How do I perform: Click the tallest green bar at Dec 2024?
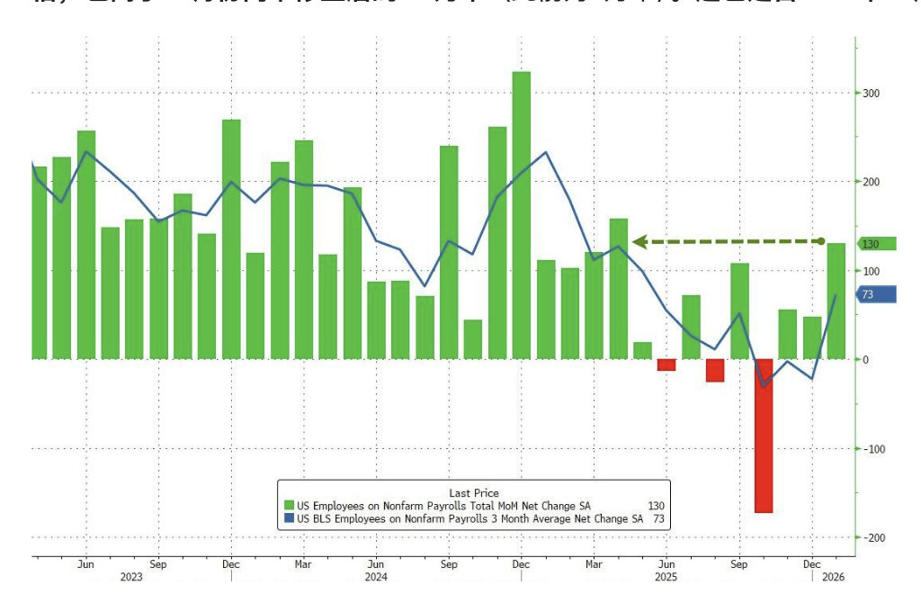pyautogui.click(x=522, y=216)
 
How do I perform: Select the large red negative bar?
pyautogui.click(x=764, y=436)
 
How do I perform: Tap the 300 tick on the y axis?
pyautogui.click(x=872, y=94)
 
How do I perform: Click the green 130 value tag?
pyautogui.click(x=873, y=244)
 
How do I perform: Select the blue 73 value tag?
pyautogui.click(x=873, y=294)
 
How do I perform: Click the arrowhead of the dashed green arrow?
pyautogui.click(x=639, y=241)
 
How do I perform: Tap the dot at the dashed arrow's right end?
pyautogui.click(x=820, y=241)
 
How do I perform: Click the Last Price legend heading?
pyautogui.click(x=474, y=493)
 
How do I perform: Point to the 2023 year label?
pyautogui.click(x=131, y=577)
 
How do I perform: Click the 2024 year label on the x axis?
pyautogui.click(x=376, y=577)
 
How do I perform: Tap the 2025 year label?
pyautogui.click(x=666, y=577)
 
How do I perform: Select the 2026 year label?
pyautogui.click(x=833, y=577)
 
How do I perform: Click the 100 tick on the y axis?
pyautogui.click(x=872, y=271)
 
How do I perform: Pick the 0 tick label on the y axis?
pyautogui.click(x=866, y=360)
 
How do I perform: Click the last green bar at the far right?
pyautogui.click(x=836, y=301)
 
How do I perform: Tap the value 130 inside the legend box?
pyautogui.click(x=656, y=507)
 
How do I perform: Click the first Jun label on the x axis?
pyautogui.click(x=86, y=563)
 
